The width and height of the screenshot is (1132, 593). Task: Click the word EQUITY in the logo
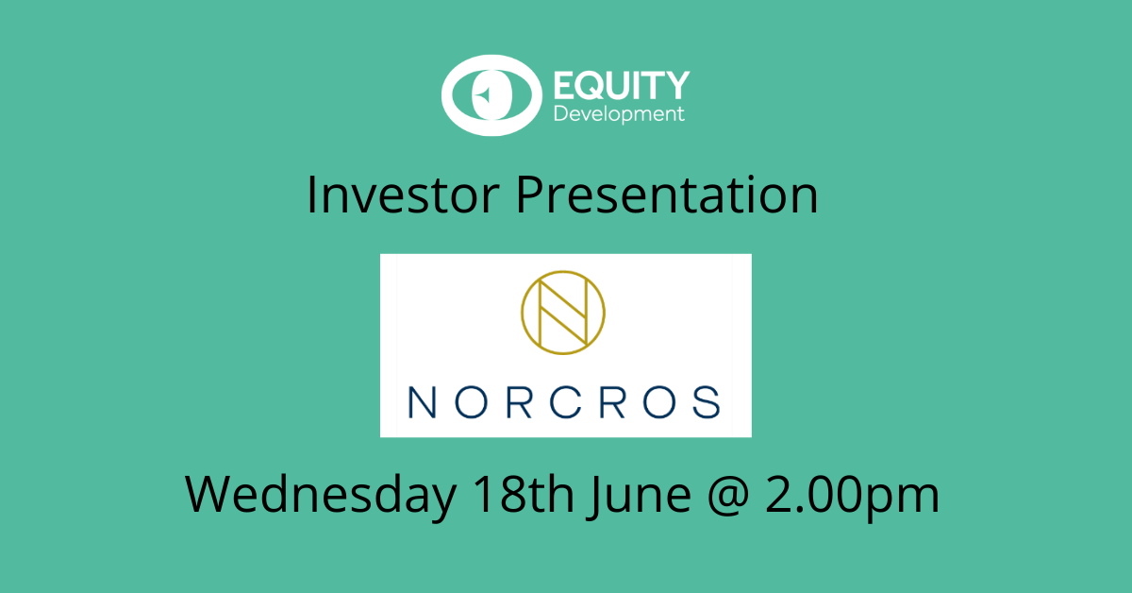click(622, 85)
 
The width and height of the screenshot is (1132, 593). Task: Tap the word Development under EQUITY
click(619, 114)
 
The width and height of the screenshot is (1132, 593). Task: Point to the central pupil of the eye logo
click(491, 95)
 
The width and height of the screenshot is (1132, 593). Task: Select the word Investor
click(403, 195)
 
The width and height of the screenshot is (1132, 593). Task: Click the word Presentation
click(667, 195)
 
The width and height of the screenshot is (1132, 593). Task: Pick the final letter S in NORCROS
click(707, 402)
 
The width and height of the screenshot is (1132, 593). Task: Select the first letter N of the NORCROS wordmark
click(422, 402)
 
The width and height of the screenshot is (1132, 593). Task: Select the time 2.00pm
click(852, 497)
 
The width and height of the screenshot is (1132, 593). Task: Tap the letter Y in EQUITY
click(676, 85)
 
